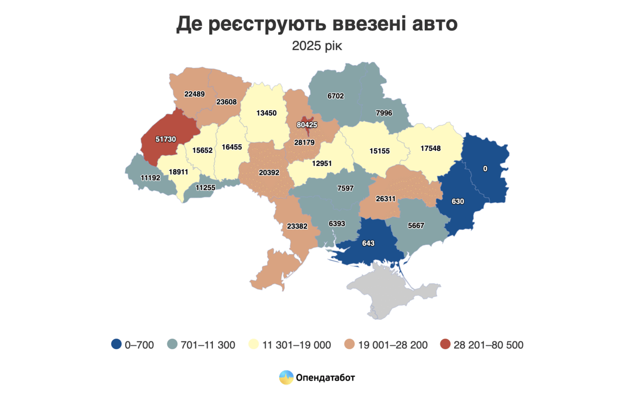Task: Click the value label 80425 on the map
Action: [307, 125]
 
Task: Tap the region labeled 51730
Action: [166, 139]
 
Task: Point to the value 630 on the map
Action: [458, 201]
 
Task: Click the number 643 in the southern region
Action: [368, 244]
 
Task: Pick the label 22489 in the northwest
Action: [194, 94]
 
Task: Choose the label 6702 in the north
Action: [335, 96]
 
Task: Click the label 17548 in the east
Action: [430, 148]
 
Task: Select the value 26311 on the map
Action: [385, 199]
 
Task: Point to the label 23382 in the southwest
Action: [297, 226]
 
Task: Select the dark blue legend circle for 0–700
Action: [117, 345]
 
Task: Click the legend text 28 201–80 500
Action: [488, 345]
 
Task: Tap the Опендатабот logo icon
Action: [286, 377]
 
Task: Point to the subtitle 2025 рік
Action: [316, 46]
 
